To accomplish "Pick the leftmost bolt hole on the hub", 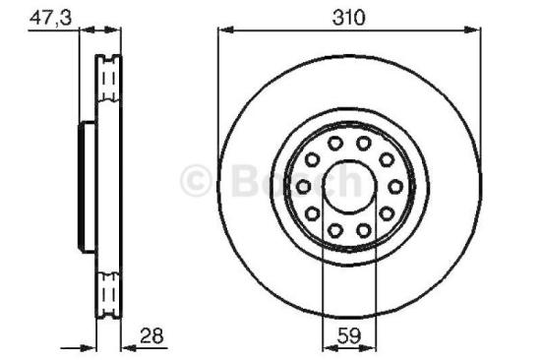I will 304,186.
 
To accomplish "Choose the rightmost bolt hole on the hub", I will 395,186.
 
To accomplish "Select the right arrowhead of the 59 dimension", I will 370,345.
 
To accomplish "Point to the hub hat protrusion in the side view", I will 85,186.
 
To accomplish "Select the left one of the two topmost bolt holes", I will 336,144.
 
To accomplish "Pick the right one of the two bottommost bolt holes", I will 363,229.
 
